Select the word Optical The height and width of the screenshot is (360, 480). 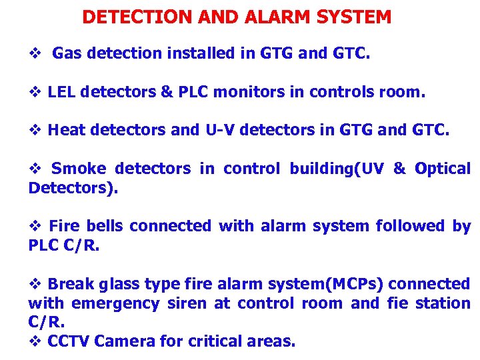pos(442,169)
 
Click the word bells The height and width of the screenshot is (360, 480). pos(105,226)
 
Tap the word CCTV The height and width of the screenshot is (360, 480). pos(69,341)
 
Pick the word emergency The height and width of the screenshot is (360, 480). pos(115,304)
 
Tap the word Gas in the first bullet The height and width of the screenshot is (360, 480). pos(65,53)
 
